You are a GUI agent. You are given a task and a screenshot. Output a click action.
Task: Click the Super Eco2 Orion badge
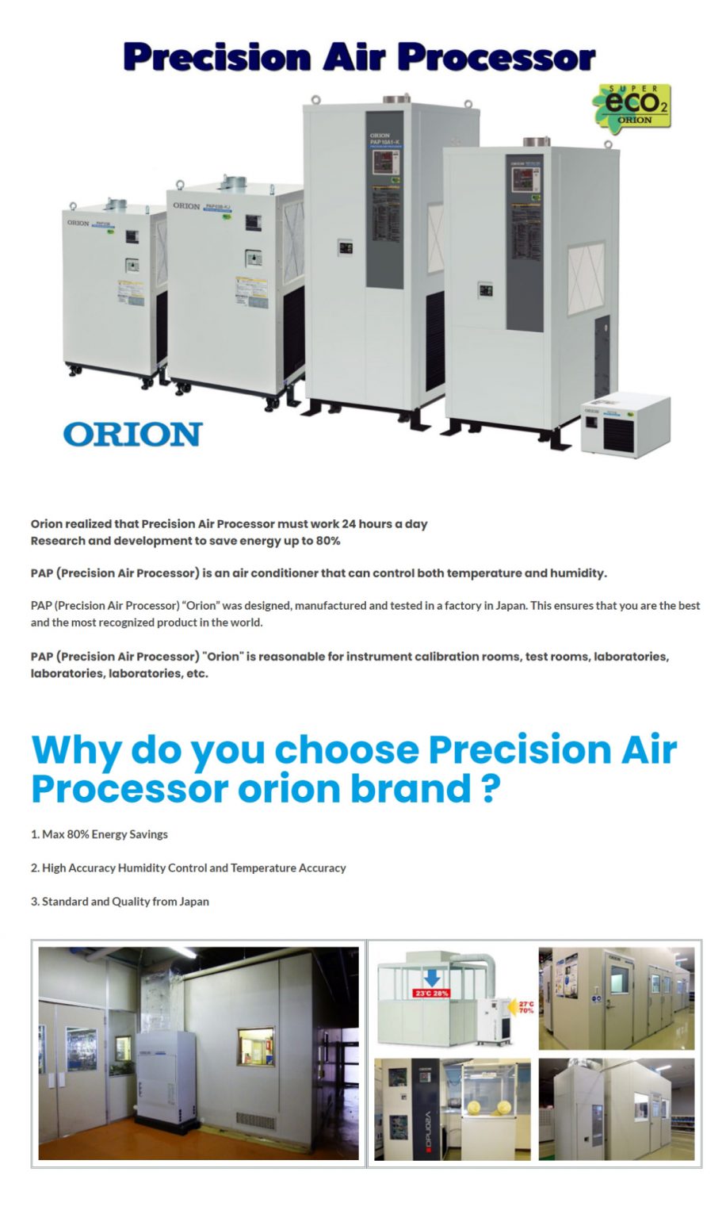[x=632, y=107]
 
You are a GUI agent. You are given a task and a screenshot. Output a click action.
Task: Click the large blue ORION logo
[x=132, y=435]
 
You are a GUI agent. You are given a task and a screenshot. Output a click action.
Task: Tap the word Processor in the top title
[x=496, y=57]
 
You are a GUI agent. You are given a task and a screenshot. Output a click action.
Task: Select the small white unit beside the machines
[x=625, y=423]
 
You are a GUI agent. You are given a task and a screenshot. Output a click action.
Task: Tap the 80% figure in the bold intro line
[x=327, y=541]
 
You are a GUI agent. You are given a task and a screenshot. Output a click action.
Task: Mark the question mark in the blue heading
[x=491, y=789]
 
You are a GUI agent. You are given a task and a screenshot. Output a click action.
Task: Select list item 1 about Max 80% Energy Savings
[x=99, y=834]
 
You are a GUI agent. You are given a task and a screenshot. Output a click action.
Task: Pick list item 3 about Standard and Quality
[x=120, y=902]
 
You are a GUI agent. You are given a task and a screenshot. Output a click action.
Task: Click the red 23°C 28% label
[x=431, y=993]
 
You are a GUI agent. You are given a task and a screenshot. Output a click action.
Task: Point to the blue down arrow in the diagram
[x=432, y=977]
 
